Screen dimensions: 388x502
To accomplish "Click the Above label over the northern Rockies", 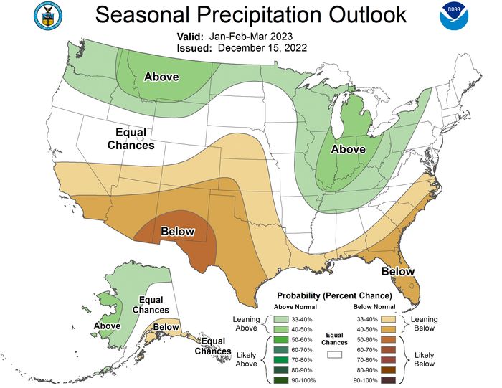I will [162, 77].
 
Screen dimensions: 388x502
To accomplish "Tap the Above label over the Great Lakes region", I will [348, 148].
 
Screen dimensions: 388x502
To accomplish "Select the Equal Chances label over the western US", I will [131, 139].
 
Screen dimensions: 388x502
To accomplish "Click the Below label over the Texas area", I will [178, 231].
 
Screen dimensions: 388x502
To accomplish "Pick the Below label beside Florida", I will [397, 271].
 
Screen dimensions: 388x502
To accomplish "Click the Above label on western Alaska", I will [107, 326].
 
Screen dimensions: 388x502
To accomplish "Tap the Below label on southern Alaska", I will [166, 327].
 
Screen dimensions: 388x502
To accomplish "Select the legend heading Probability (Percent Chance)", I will [334, 295].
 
